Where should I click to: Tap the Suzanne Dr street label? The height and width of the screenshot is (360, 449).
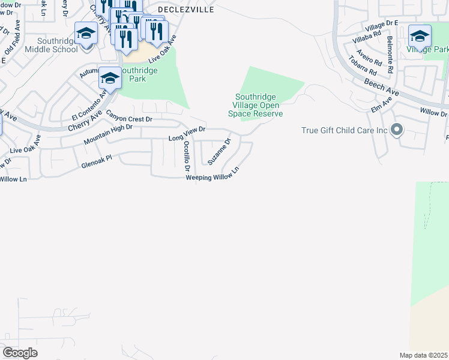(x=219, y=152)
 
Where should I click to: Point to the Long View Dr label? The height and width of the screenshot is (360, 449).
(x=187, y=134)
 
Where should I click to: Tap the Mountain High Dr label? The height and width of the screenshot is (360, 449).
(x=108, y=134)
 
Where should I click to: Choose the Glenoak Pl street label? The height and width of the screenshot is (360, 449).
(x=96, y=161)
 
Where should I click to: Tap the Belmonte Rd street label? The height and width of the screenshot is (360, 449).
(x=390, y=55)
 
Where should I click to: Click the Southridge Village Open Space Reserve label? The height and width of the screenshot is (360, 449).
(x=259, y=105)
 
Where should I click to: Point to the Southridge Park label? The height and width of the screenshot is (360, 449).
(x=138, y=74)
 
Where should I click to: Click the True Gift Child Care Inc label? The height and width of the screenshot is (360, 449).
(x=345, y=130)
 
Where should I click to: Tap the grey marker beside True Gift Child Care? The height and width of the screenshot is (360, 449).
(x=396, y=130)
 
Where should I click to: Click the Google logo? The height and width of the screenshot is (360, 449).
(x=20, y=353)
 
